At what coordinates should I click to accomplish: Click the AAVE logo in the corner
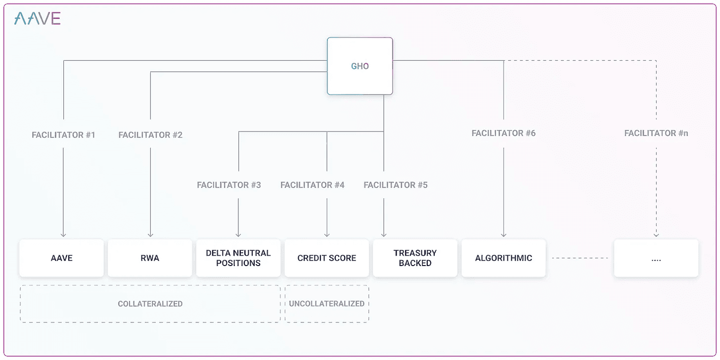click(x=37, y=18)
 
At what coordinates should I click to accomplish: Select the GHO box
click(x=360, y=66)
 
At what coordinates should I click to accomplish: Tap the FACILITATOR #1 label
click(x=63, y=135)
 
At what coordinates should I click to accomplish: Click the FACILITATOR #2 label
click(x=150, y=135)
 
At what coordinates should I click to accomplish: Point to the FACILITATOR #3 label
click(x=229, y=185)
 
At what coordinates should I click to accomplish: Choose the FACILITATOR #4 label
click(x=313, y=185)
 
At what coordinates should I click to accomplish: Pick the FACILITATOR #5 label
click(x=396, y=185)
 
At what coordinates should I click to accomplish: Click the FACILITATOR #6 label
click(x=504, y=133)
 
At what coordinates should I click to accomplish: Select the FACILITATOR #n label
click(x=656, y=133)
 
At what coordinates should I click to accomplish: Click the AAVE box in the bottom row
click(x=61, y=258)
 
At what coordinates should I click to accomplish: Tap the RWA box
click(x=150, y=258)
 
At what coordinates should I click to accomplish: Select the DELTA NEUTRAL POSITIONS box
click(x=238, y=258)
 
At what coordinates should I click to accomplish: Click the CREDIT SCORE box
click(x=326, y=258)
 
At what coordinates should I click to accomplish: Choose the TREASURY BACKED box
click(x=415, y=258)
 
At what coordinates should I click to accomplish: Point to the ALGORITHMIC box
click(x=504, y=258)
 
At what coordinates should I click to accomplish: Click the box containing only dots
click(x=656, y=258)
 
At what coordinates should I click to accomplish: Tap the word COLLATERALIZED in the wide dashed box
click(x=150, y=304)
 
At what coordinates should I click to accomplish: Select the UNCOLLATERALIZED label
click(x=326, y=304)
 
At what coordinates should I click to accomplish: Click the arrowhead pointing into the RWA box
click(x=150, y=235)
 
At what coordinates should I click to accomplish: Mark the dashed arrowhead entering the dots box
click(x=656, y=235)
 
